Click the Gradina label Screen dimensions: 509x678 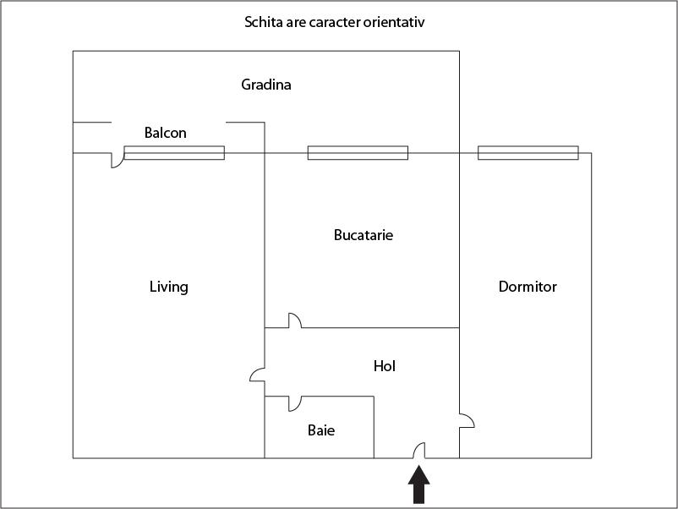[x=266, y=85]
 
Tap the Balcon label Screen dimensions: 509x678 [x=166, y=133]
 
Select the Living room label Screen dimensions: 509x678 [x=169, y=287]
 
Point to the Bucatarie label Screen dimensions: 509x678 [x=364, y=235]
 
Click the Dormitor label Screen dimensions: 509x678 [x=528, y=287]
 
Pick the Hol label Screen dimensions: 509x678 [x=385, y=366]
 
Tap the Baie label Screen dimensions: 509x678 [x=321, y=430]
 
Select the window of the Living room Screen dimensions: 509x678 [x=174, y=153]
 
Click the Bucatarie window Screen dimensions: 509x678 [x=358, y=153]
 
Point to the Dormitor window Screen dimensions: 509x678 [x=528, y=153]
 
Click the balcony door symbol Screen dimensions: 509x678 [x=117, y=160]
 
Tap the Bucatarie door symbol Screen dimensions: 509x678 [x=294, y=321]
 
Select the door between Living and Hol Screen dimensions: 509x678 [x=258, y=375]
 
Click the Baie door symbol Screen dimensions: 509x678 [x=294, y=402]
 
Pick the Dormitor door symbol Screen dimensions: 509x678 [x=466, y=420]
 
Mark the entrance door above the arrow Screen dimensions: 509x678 [x=418, y=452]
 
